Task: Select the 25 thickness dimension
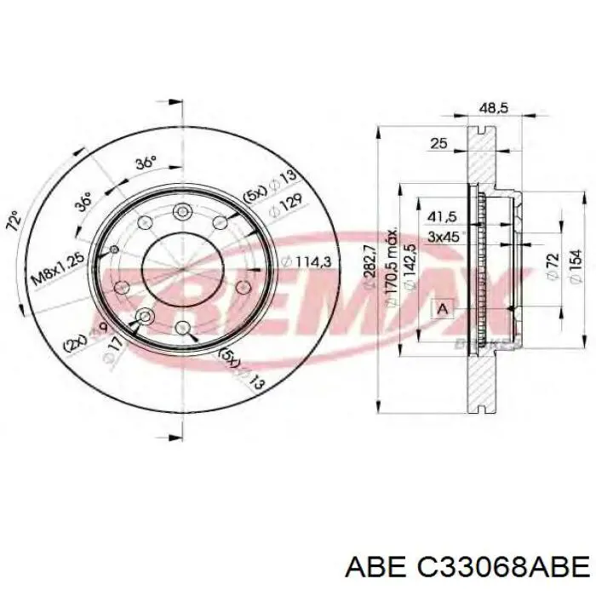click(439, 144)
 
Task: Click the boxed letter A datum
click(443, 310)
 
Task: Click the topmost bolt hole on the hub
click(181, 212)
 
